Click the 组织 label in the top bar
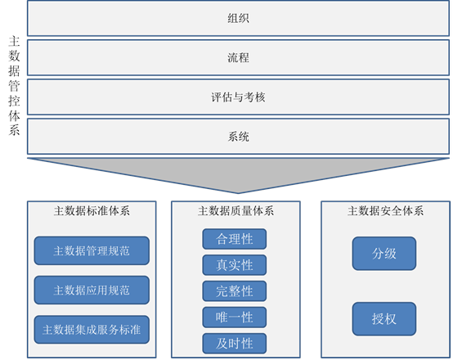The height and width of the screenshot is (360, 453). click(x=238, y=18)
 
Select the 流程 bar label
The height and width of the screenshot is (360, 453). click(x=238, y=57)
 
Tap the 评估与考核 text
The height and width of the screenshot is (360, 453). click(x=238, y=97)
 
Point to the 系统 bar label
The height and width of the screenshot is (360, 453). click(x=238, y=136)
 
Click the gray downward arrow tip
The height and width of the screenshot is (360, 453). click(x=238, y=193)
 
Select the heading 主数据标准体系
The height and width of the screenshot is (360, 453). click(x=92, y=211)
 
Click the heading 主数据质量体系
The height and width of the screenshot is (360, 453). click(x=235, y=211)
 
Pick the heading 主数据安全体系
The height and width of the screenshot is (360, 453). click(x=385, y=211)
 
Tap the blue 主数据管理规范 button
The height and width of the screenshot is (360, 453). click(x=92, y=250)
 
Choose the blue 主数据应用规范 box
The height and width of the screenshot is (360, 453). click(x=92, y=290)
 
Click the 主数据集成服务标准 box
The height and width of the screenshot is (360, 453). click(x=92, y=330)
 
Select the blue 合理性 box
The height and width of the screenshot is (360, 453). click(x=235, y=239)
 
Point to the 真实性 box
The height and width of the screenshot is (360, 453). click(x=235, y=265)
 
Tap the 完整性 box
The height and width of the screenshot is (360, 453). click(x=235, y=291)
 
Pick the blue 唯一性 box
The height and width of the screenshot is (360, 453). click(x=235, y=317)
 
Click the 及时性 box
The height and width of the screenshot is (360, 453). click(x=235, y=344)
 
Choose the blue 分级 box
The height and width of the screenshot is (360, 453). click(x=384, y=254)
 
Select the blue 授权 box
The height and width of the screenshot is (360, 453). click(x=384, y=319)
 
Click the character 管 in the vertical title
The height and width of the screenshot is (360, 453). click(x=14, y=86)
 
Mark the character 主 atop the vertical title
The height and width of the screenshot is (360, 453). click(x=14, y=42)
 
